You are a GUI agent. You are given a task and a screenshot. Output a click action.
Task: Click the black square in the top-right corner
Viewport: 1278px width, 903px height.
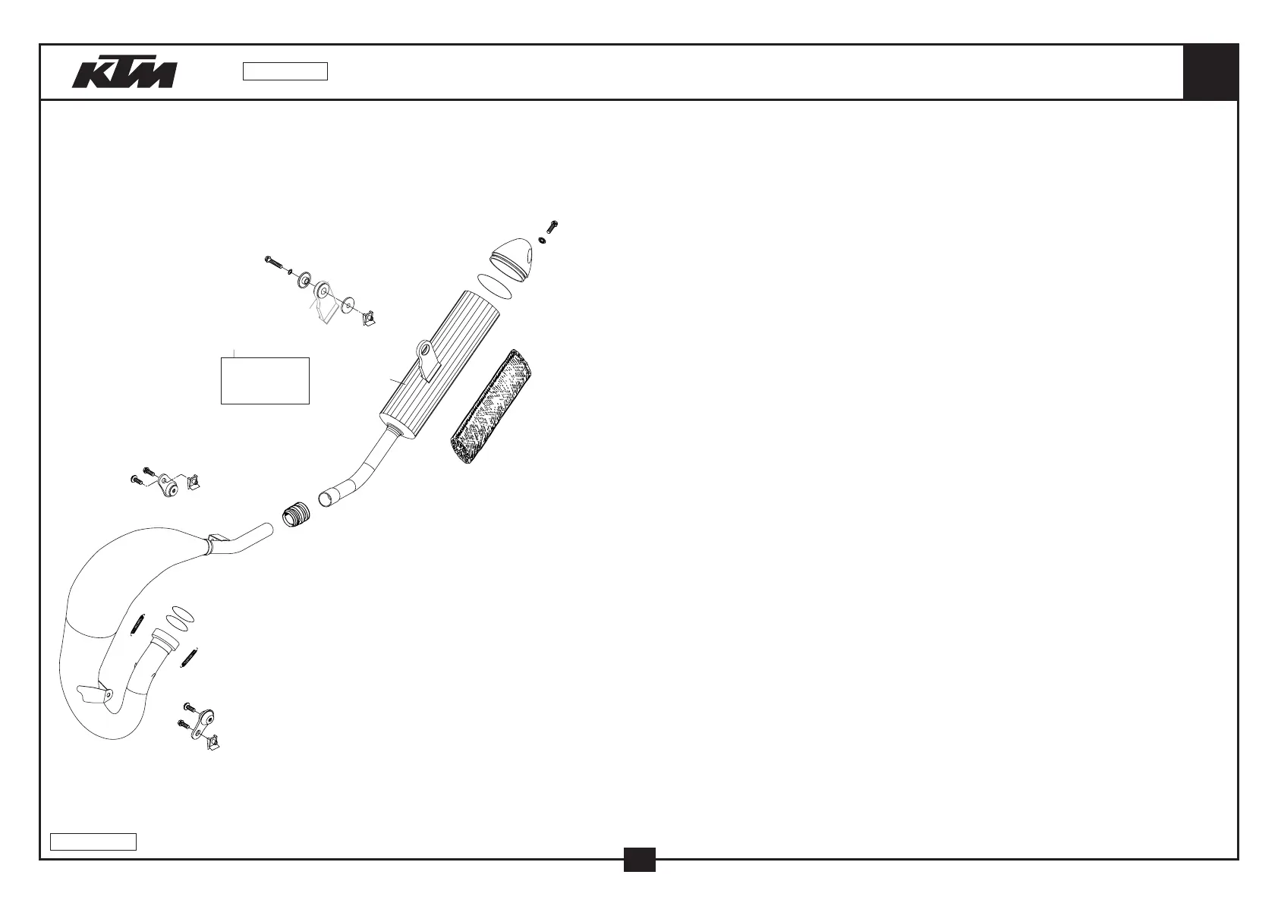tap(1210, 72)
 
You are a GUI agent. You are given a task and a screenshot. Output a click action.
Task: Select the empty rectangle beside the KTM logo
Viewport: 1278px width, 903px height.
tap(285, 71)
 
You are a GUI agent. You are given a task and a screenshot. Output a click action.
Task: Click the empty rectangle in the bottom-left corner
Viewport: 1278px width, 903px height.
tap(93, 841)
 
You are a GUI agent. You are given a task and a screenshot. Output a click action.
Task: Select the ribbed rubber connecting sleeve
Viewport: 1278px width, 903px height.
tap(297, 514)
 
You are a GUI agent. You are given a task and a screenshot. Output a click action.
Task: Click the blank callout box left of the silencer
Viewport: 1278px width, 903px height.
tap(265, 380)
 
